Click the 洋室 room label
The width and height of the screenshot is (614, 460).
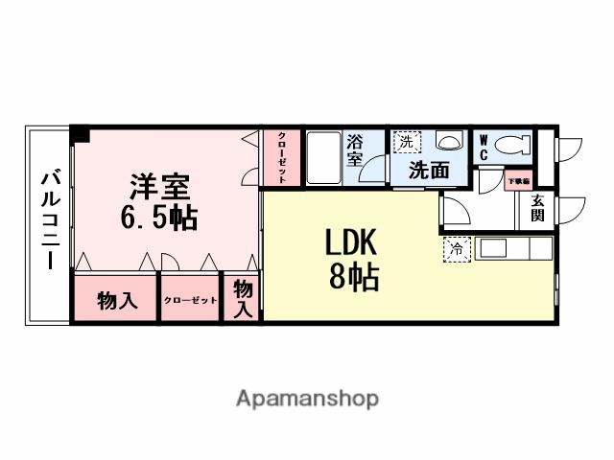point(159,186)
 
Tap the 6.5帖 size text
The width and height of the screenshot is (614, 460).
point(159,218)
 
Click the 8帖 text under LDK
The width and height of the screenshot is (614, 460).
point(353,278)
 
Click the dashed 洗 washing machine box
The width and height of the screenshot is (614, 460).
point(407,142)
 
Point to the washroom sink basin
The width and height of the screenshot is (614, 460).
point(448,142)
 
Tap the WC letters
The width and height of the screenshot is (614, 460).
point(484,147)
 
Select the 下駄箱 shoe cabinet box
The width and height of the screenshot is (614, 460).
point(518,180)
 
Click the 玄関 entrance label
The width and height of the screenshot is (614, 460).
point(538,208)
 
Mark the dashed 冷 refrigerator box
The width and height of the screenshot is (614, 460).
point(456,249)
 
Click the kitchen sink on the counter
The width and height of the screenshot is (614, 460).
point(492,248)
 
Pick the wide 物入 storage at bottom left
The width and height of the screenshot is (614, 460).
point(117,301)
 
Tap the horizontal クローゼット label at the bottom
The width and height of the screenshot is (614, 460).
point(190,301)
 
